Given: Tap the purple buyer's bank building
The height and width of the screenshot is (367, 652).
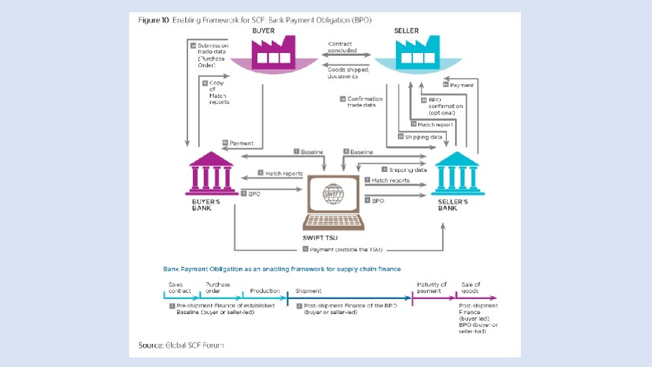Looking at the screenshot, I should point(210,173).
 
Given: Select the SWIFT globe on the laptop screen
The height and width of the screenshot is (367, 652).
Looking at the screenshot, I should point(333,194).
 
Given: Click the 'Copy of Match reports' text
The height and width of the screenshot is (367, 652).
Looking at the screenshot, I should point(219,92).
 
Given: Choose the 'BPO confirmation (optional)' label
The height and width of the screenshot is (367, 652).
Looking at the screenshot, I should point(446,106).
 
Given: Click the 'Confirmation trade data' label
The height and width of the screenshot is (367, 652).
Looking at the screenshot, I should point(364,101).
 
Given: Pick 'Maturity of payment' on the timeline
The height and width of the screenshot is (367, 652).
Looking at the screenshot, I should point(432,287).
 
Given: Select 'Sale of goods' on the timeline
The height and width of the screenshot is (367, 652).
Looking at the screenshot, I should point(472,287).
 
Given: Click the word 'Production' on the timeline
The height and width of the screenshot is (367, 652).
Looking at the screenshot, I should point(265,291).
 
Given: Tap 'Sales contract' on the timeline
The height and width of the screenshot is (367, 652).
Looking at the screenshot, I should point(180,287).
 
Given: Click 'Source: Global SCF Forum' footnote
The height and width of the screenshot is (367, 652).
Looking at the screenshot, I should point(181,345).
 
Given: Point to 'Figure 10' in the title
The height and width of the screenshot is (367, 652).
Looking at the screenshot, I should point(155,21).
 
